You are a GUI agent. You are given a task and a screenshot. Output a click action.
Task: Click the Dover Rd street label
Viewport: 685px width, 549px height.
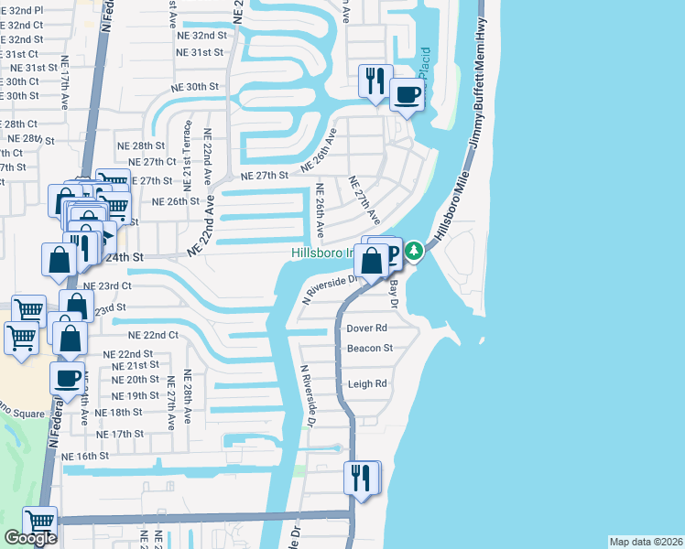pos(366,328)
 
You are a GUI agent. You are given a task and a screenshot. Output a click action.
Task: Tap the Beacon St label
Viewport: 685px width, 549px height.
pos(369,349)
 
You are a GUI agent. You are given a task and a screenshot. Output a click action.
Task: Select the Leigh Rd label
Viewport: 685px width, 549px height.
pos(366,384)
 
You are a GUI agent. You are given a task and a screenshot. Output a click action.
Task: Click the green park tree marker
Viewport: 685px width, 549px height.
pos(414,249)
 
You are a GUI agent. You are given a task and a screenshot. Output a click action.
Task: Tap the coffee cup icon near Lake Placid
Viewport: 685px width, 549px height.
pos(407,93)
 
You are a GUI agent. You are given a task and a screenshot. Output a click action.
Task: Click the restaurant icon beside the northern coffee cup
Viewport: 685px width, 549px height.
pos(375,81)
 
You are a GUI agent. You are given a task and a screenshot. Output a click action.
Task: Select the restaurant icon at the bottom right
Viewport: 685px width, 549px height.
pos(361,478)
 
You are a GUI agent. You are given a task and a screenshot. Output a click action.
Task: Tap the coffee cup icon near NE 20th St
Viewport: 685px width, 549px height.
pos(68,380)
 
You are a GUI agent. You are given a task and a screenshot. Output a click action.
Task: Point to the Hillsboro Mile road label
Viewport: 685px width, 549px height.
pos(455,207)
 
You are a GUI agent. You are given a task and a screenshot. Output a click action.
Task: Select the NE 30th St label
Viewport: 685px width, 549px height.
pos(194,86)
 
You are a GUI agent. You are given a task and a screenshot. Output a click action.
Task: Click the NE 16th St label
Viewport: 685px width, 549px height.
pos(85,456)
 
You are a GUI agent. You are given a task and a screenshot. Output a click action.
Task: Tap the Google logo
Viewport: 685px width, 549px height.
pos(30,538)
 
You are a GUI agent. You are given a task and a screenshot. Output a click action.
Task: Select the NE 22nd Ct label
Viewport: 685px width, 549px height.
pos(153,336)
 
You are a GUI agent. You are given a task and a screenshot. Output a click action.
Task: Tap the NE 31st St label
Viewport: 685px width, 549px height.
pos(200,52)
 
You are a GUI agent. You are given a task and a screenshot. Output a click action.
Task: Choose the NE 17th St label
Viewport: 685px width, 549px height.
pos(120,434)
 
